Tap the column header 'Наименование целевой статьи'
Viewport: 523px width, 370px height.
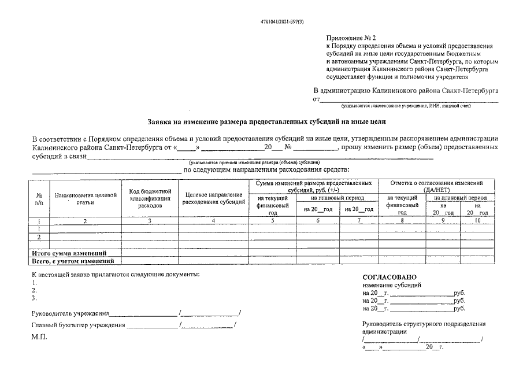tap(86, 199)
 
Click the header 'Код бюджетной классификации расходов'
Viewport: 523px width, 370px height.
tap(150, 198)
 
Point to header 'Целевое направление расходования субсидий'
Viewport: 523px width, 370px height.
tap(213, 198)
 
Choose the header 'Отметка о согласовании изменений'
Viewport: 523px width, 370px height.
tap(436, 186)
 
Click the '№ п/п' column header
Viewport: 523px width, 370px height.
tap(39, 199)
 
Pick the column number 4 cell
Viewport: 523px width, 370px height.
tap(213, 221)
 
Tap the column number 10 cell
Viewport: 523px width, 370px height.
tap(477, 221)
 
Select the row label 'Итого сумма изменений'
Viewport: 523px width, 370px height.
tap(68, 253)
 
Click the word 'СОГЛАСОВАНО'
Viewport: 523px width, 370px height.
tap(389, 277)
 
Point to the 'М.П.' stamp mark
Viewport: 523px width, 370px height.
tap(39, 336)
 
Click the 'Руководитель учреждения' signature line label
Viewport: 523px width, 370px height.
tap(70, 314)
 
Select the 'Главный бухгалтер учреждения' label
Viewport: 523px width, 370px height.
tap(78, 325)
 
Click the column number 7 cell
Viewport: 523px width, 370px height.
tap(357, 221)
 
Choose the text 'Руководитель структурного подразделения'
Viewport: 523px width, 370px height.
tap(424, 324)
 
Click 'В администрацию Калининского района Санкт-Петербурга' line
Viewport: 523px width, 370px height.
tap(406, 91)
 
